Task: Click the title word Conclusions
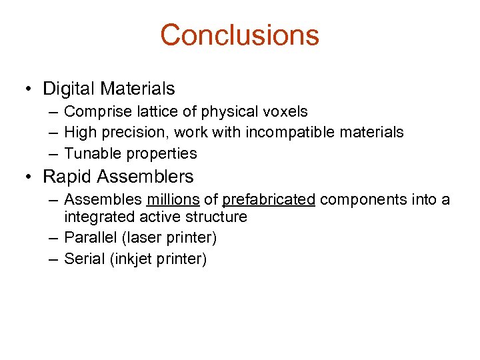click(239, 35)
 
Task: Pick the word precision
click(131, 133)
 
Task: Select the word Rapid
click(66, 177)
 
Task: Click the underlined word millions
click(173, 199)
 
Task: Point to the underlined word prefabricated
click(269, 199)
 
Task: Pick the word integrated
click(96, 217)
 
